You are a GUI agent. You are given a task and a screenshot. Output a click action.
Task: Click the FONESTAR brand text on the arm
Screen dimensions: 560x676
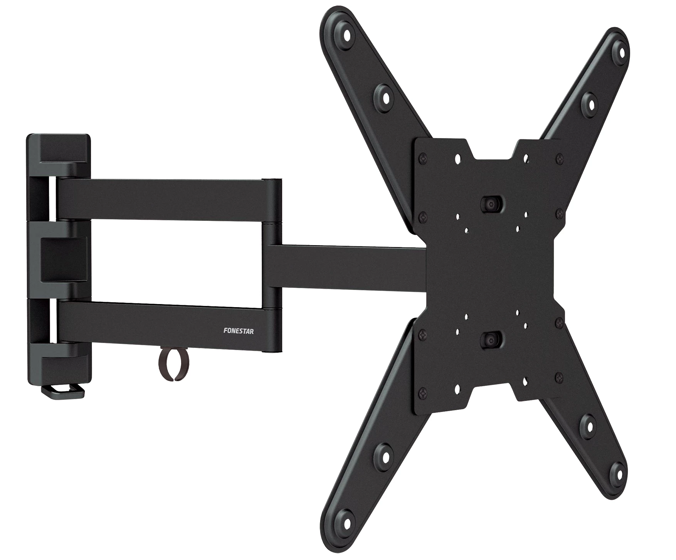point(239,331)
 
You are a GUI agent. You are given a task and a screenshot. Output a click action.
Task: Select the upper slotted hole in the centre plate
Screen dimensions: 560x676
point(490,204)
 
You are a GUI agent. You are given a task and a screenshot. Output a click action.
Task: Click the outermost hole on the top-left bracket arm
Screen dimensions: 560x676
point(347,34)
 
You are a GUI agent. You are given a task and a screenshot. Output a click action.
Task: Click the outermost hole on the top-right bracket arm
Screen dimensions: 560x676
point(621,50)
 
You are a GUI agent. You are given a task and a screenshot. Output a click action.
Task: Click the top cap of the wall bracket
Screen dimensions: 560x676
point(59,149)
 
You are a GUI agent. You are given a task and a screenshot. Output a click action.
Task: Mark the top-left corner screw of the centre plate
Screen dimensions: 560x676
point(424,158)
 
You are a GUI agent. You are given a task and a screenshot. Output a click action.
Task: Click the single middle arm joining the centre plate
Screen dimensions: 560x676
point(347,267)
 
